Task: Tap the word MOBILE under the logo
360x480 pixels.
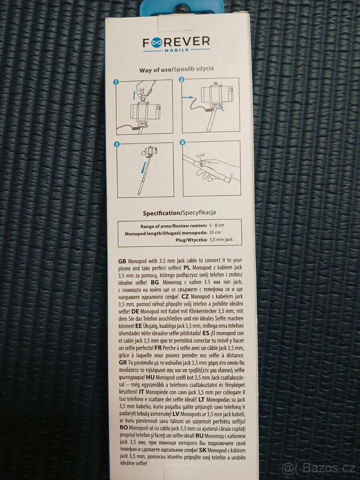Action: [176, 50]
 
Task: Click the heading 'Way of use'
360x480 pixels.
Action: [156, 70]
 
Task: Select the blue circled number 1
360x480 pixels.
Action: [116, 82]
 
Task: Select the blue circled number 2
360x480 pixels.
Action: [182, 80]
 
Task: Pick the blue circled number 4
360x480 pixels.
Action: [182, 143]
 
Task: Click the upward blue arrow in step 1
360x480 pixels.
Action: [134, 96]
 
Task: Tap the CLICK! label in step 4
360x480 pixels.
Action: [200, 155]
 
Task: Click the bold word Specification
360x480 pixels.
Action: [161, 213]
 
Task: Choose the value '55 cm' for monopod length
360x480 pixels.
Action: [215, 232]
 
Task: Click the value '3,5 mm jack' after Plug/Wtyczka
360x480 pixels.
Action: [221, 240]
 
